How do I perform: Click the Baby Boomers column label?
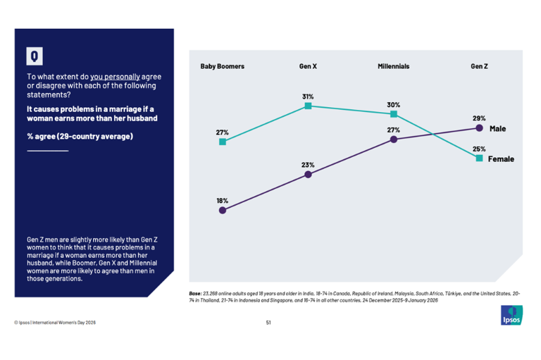pos(222,66)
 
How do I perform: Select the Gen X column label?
pos(308,66)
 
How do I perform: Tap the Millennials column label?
pos(393,66)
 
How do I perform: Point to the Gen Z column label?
pos(479,66)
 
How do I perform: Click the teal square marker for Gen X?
pos(308,106)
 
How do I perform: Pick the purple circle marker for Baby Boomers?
pos(223,210)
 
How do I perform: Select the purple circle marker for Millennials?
pos(394,139)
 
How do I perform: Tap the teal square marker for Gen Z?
pos(479,159)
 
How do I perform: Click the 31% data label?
pos(308,96)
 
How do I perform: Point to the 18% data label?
pos(222,200)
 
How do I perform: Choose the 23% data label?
pos(308,165)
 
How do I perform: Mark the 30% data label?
pos(393,105)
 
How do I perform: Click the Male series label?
pos(498,129)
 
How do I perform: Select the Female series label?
pos(501,159)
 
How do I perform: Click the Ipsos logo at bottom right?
pos(511,315)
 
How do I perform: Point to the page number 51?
pos(268,323)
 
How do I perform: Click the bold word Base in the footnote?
pos(195,292)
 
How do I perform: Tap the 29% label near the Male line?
pos(479,118)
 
